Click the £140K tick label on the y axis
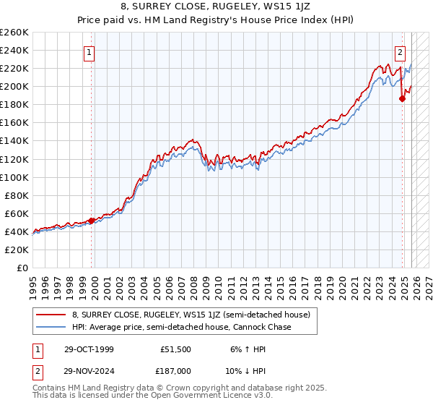[14, 141]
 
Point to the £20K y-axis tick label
[17, 250]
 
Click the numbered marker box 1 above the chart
[89, 52]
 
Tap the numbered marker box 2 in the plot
[400, 52]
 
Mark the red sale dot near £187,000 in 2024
[403, 99]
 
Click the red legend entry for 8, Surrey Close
[191, 315]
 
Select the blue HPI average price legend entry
[180, 328]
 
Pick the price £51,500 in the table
[176, 349]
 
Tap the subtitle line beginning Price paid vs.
[216, 21]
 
